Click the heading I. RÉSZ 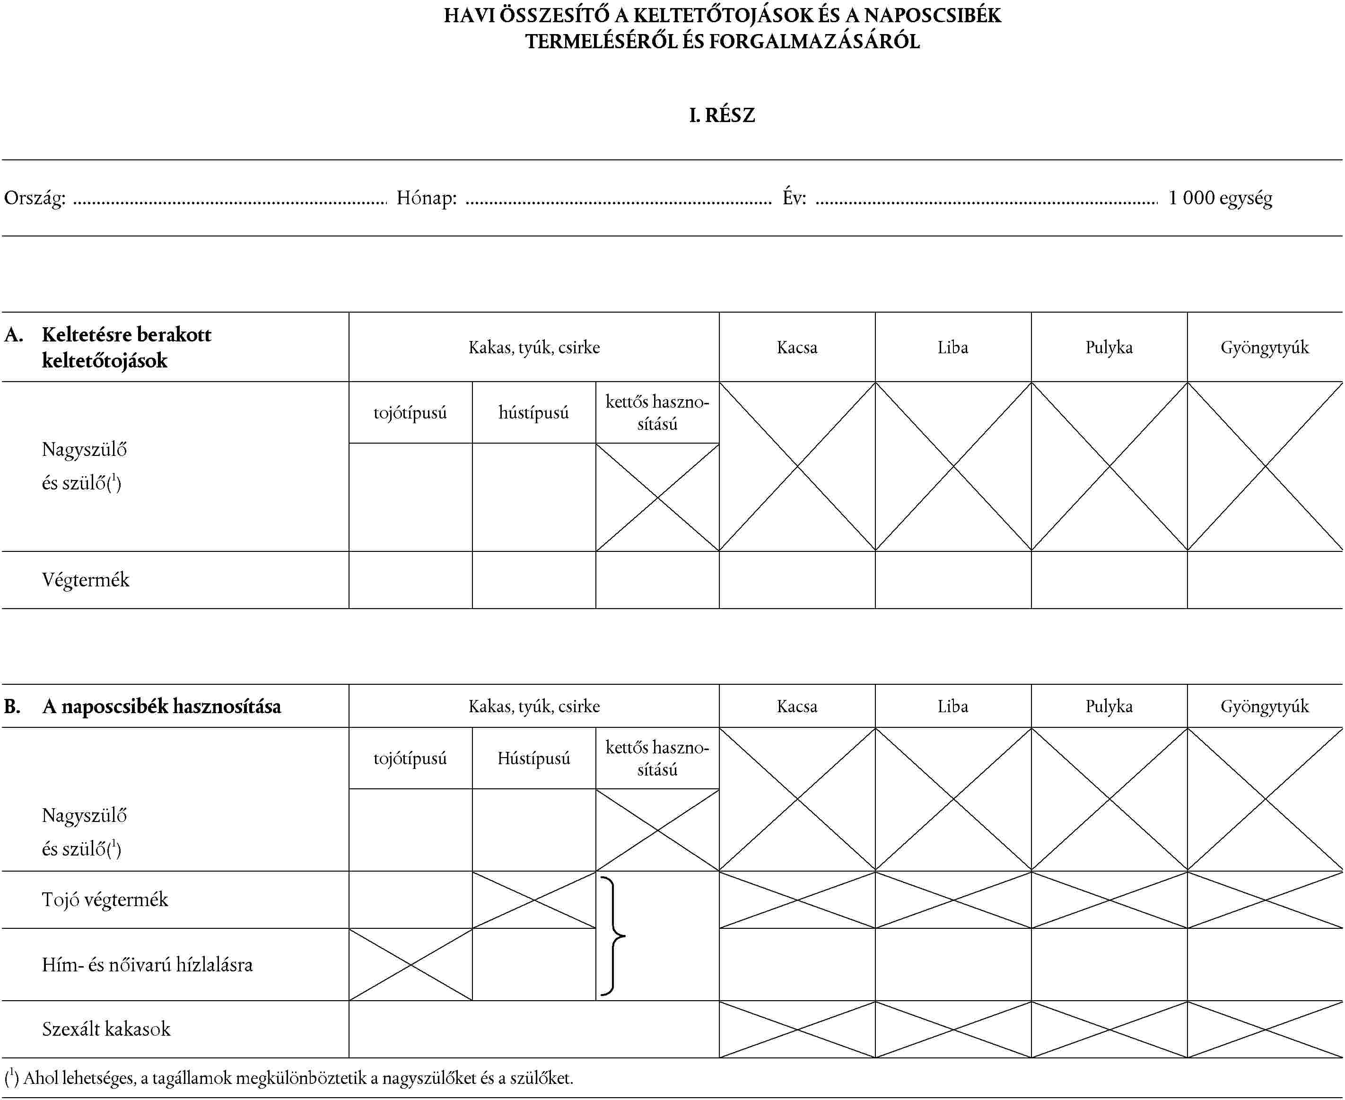click(x=722, y=115)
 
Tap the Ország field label click(x=35, y=198)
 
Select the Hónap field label click(x=427, y=198)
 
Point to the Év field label click(x=794, y=198)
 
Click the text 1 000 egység click(x=1220, y=198)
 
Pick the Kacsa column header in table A click(x=797, y=347)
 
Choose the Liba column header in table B click(x=953, y=707)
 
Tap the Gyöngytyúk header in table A click(x=1265, y=347)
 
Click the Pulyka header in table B click(x=1109, y=707)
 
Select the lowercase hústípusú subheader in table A click(x=533, y=413)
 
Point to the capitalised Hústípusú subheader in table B click(x=533, y=759)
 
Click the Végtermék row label click(x=86, y=580)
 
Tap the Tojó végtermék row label click(x=105, y=900)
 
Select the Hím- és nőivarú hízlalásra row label click(x=147, y=965)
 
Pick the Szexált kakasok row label click(x=106, y=1029)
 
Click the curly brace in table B click(x=612, y=936)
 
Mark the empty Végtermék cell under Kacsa click(x=797, y=580)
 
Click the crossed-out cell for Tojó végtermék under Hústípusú click(x=533, y=900)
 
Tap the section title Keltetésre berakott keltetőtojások click(x=126, y=347)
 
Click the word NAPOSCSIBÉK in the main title click(x=933, y=15)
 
